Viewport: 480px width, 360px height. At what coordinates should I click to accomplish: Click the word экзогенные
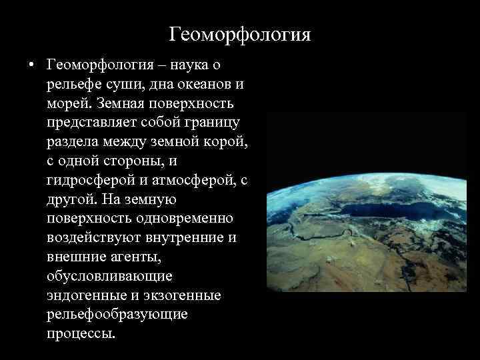pos(186,295)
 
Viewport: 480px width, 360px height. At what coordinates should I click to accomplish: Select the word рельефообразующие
pos(117,313)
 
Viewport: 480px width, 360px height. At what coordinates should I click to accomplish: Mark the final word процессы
pos(81,333)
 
